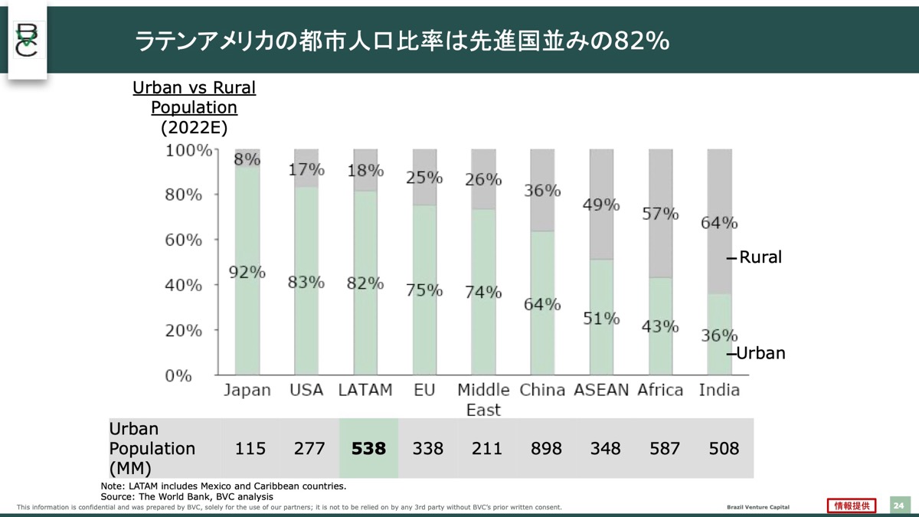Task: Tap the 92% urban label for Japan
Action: [247, 272]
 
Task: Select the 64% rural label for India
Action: [719, 223]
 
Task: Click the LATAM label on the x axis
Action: [365, 390]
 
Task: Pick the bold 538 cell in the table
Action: [368, 448]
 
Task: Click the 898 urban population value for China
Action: [546, 448]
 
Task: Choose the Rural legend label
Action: [760, 257]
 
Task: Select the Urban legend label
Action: [760, 354]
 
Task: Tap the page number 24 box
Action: [898, 506]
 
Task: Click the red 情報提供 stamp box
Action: [852, 506]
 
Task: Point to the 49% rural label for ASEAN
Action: [601, 205]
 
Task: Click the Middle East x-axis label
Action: [483, 399]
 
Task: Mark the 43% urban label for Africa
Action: [660, 326]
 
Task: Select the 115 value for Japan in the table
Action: [250, 448]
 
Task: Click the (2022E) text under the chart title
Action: [194, 127]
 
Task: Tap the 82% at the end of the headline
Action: [636, 41]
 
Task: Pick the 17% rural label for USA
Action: [306, 170]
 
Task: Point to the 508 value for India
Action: [724, 448]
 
